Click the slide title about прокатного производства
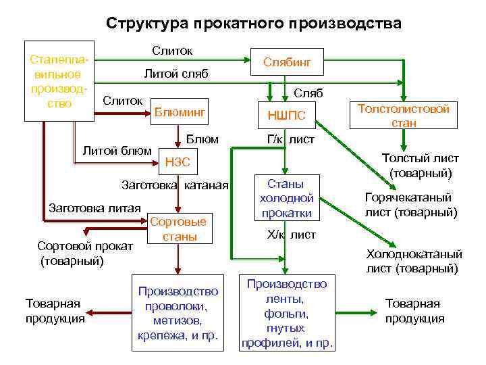253,23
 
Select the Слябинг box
286,62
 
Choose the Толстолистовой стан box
404,116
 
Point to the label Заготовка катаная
174,185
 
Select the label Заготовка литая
94,208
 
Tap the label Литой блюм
115,150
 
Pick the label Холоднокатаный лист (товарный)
413,262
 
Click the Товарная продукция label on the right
414,311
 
